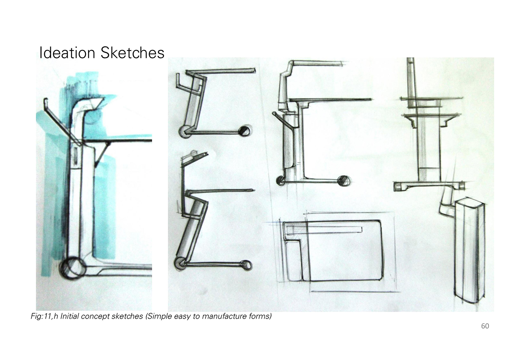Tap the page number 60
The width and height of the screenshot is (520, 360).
coord(485,326)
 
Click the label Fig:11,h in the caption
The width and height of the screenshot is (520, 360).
coord(44,316)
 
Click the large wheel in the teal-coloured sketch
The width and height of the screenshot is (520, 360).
coord(73,268)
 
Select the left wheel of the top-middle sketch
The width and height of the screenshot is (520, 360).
coord(185,131)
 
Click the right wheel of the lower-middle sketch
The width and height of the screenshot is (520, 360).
coord(246,265)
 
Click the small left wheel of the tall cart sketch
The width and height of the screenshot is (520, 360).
coord(281,181)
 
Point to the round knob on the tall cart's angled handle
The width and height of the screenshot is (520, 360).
coord(275,114)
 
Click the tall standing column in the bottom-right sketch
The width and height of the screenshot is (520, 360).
coord(469,251)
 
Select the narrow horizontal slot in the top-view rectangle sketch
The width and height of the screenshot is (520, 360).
coord(324,230)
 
